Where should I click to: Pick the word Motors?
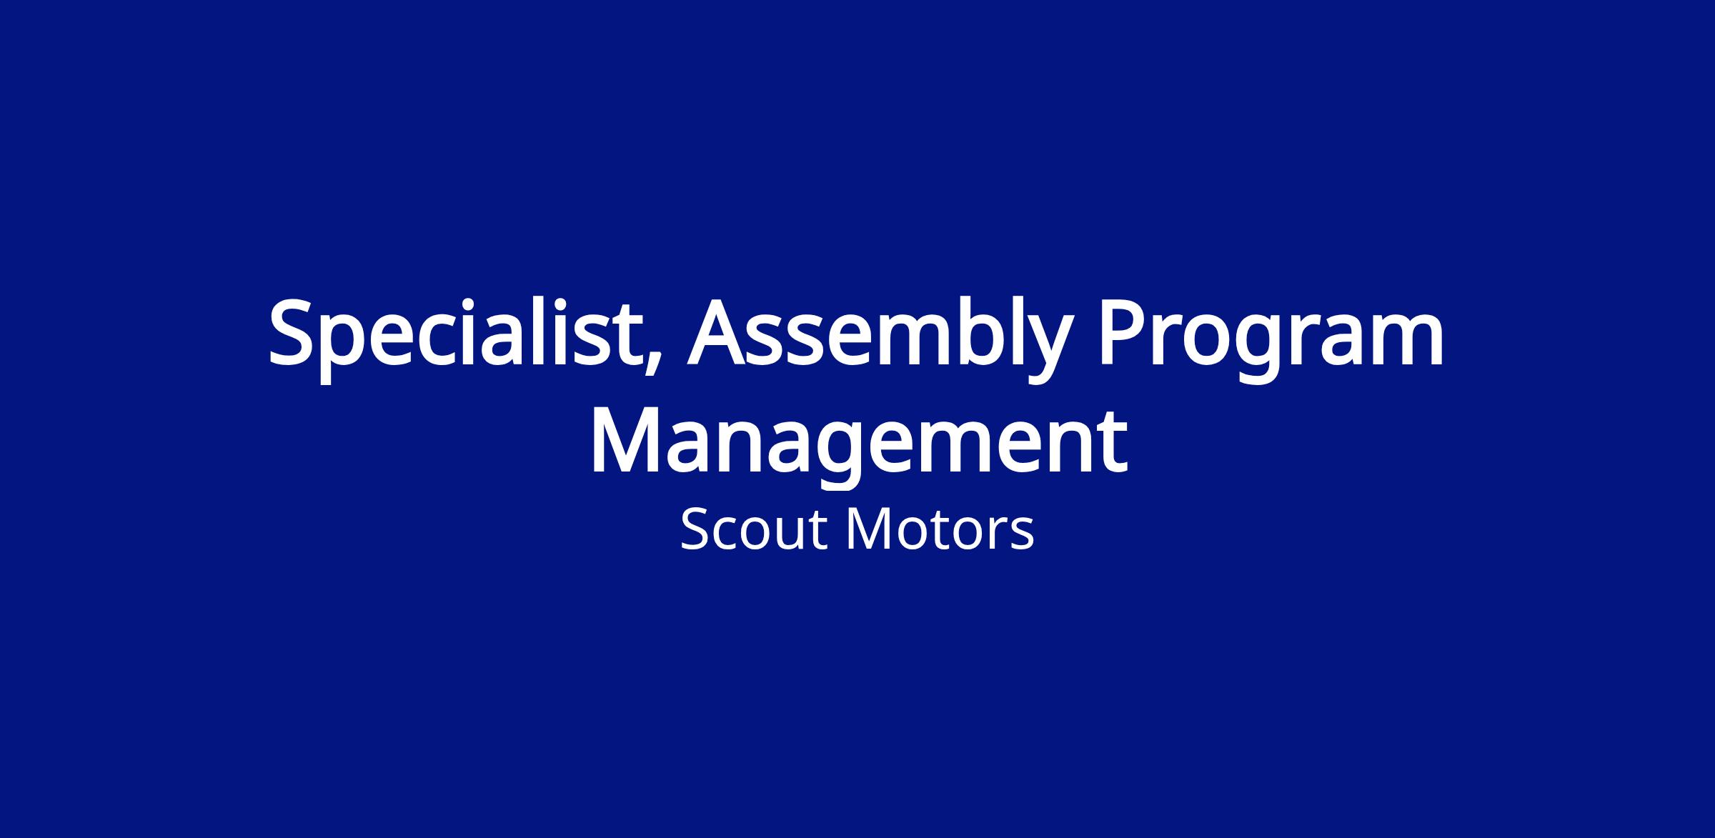coord(940,530)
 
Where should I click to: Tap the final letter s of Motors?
coord(1023,536)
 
